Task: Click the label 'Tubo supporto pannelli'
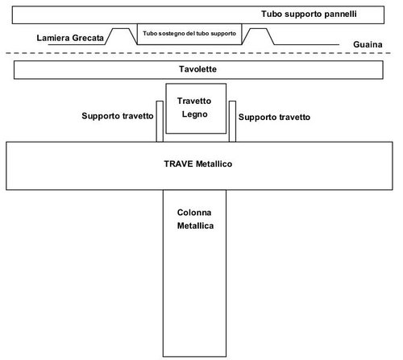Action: coord(309,14)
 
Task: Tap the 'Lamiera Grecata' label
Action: coord(71,38)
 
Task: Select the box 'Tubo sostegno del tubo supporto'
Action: coord(190,35)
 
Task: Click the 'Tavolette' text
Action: coord(197,71)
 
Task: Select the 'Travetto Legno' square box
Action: coord(193,108)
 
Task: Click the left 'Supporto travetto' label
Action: coord(118,116)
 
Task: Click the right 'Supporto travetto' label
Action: coord(274,116)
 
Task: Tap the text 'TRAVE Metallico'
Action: coord(197,163)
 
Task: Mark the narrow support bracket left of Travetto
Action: coord(160,121)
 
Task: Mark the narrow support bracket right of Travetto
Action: coord(231,121)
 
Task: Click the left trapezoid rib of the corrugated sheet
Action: coord(121,37)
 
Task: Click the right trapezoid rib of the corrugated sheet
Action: coord(258,37)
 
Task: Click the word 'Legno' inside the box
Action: coord(193,115)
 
